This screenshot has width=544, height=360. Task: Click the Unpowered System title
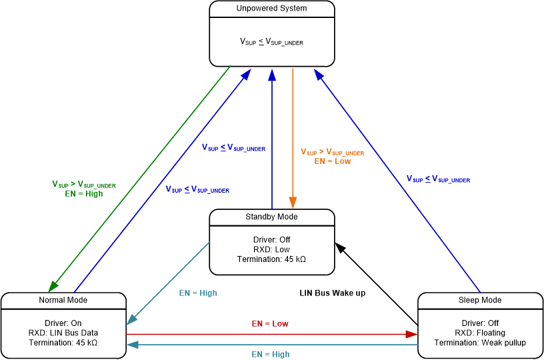tap(271, 9)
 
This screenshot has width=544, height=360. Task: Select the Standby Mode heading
tap(271, 217)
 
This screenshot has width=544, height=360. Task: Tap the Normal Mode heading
tap(63, 300)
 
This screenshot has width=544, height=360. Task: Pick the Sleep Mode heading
tap(479, 300)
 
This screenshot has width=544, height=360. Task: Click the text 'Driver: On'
tap(63, 323)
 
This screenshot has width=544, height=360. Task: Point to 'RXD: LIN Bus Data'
tap(63, 333)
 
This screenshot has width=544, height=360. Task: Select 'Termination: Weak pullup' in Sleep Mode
tap(479, 343)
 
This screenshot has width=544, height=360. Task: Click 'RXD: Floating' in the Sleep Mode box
tap(479, 333)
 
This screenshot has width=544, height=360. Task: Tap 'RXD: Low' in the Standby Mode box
tap(271, 249)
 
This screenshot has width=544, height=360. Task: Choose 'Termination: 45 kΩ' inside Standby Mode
tap(271, 259)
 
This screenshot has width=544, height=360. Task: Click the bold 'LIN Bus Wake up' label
tap(332, 293)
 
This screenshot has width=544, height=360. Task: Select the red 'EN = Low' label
tap(270, 323)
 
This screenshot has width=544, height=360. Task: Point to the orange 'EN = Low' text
tap(332, 161)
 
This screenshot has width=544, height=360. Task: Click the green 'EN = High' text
tap(84, 194)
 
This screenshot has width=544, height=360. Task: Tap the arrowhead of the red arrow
tap(411, 333)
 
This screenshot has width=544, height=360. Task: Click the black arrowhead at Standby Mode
tap(339, 247)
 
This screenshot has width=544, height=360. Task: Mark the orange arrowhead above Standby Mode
tap(292, 203)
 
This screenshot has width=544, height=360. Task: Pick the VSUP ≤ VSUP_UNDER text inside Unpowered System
tap(271, 42)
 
